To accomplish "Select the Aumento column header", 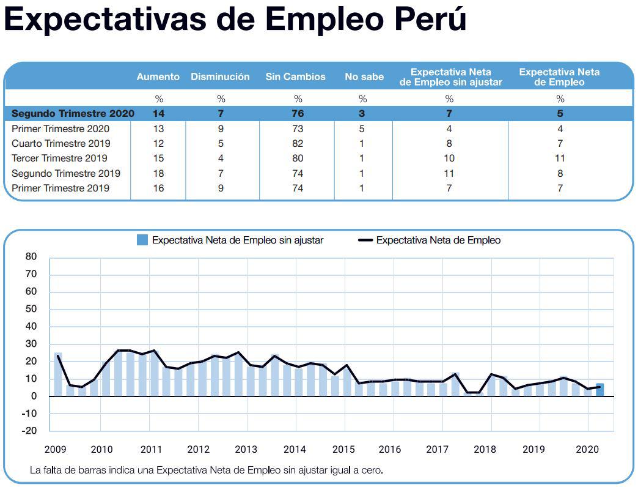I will (x=158, y=77).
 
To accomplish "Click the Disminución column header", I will (x=220, y=77).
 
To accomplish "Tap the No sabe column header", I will (x=364, y=77).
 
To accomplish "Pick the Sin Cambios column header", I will (x=295, y=77).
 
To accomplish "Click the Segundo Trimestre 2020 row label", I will (x=73, y=113).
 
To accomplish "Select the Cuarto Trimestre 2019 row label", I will (x=61, y=143).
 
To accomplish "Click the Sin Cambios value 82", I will (x=298, y=143).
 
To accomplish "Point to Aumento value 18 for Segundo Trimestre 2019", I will (x=159, y=173).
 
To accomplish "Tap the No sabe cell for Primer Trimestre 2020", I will (x=362, y=128).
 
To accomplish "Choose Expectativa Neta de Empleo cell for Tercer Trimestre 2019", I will (x=560, y=158).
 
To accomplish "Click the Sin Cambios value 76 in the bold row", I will (x=298, y=113).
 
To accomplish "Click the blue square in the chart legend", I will (x=142, y=240).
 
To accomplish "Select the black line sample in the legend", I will (x=365, y=240).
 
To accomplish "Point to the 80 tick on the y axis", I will (x=31, y=257).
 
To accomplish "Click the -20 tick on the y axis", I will (x=29, y=431).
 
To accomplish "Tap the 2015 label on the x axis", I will (x=343, y=450).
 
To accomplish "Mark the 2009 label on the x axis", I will (x=56, y=450).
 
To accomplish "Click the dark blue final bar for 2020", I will (x=600, y=390).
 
